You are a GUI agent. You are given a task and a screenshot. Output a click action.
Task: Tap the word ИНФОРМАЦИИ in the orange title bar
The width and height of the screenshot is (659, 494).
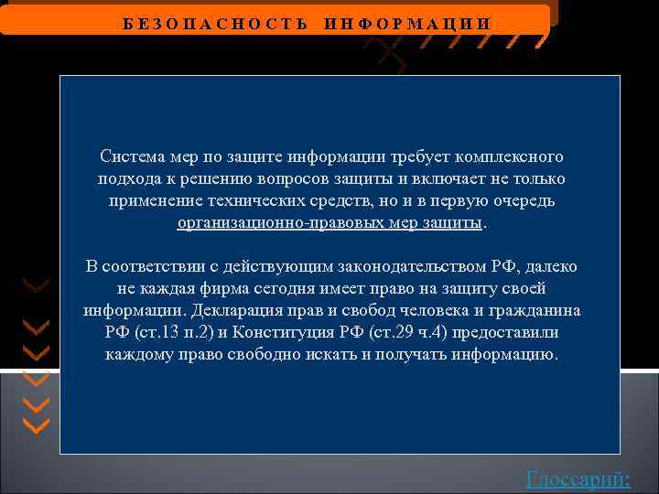pos(407,23)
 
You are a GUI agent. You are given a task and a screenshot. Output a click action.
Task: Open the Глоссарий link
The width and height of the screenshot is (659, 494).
pos(578,478)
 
